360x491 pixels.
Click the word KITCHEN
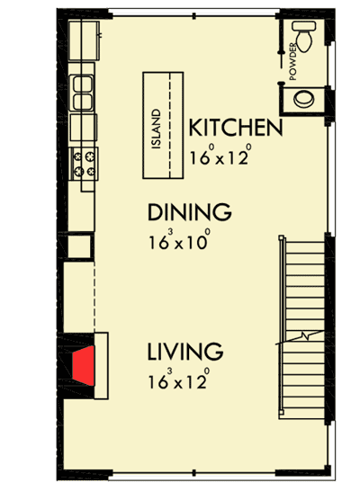pyautogui.click(x=236, y=129)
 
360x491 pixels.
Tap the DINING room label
pyautogui.click(x=190, y=213)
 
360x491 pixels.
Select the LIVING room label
pyautogui.click(x=186, y=351)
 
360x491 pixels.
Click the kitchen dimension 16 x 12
pyautogui.click(x=218, y=156)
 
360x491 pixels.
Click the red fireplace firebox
pyautogui.click(x=84, y=363)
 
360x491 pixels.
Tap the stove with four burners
pyautogui.click(x=86, y=162)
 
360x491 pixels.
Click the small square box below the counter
pyautogui.click(x=79, y=245)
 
